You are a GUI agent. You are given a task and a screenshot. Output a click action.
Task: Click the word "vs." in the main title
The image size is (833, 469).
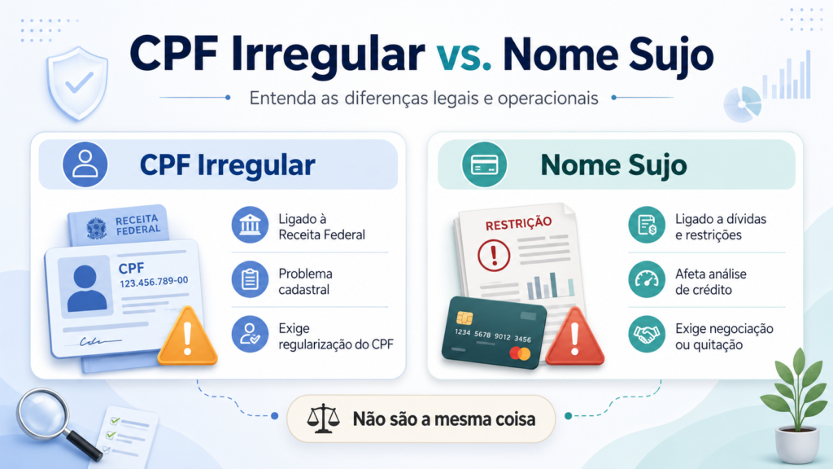(x=464, y=55)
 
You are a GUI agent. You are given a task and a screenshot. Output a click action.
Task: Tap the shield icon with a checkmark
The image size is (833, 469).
(x=77, y=84)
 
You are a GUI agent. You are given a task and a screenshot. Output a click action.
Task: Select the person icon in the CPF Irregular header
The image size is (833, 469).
(x=85, y=164)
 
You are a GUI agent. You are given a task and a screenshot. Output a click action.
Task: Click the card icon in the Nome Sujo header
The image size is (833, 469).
(x=484, y=164)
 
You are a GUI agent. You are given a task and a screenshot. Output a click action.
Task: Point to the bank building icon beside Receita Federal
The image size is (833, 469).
(x=250, y=225)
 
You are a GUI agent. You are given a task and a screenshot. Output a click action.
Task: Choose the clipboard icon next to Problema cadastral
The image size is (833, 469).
(x=250, y=279)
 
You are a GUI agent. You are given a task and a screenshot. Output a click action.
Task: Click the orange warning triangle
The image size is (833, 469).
(x=188, y=336)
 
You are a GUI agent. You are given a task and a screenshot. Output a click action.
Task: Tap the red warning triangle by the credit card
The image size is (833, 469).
(x=575, y=336)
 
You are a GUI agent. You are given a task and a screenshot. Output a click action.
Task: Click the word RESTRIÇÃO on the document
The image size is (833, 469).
(x=518, y=223)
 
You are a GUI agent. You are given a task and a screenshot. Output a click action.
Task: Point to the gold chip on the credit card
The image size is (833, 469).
(x=464, y=318)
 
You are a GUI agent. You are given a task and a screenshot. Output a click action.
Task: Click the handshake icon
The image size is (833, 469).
(x=647, y=334)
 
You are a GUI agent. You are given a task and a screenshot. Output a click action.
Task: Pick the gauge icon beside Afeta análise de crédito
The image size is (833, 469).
(x=647, y=279)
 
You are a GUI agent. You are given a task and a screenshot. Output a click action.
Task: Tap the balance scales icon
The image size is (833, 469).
(x=323, y=419)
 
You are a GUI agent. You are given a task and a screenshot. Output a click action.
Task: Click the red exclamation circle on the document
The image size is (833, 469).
(x=494, y=255)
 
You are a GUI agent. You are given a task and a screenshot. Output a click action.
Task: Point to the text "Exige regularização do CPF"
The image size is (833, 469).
(x=336, y=336)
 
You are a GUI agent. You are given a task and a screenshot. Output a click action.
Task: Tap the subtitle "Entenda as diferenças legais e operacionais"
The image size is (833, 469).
(x=424, y=99)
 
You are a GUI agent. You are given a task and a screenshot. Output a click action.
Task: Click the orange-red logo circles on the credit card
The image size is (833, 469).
(x=520, y=353)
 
